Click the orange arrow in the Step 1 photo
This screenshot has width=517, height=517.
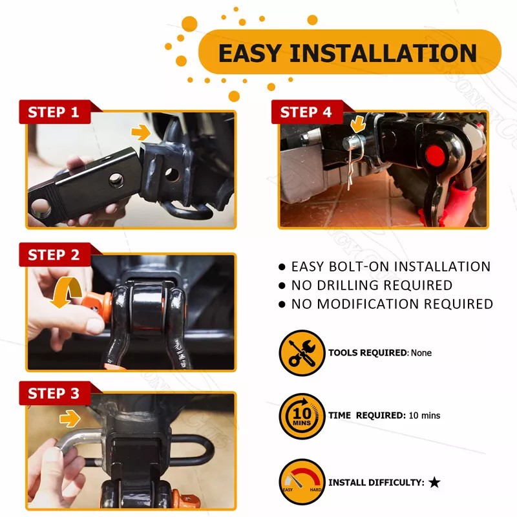pyautogui.click(x=140, y=132)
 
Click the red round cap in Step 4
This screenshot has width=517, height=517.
pyautogui.click(x=433, y=155)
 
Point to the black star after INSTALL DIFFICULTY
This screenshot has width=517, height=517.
pyautogui.click(x=434, y=482)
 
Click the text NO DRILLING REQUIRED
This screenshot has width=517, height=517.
pyautogui.click(x=372, y=285)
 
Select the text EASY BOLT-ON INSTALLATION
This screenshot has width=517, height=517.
pyautogui.click(x=390, y=266)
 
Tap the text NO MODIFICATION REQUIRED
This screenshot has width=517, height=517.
pyautogui.click(x=392, y=304)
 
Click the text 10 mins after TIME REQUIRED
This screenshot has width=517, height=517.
pyautogui.click(x=425, y=416)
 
